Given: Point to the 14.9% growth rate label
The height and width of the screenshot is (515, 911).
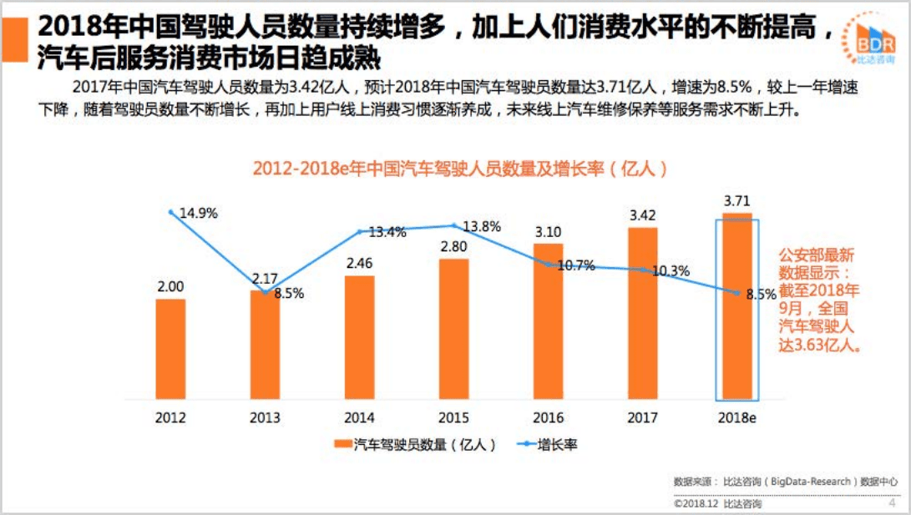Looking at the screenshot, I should point(198,213).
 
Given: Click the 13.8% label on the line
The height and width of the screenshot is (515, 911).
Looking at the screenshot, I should point(481,226).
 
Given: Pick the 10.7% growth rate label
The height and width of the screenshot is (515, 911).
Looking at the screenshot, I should point(575,266).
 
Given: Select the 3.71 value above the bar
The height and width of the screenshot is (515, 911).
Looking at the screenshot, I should point(737,201).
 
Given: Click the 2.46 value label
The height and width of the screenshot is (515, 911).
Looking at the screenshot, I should point(359,263).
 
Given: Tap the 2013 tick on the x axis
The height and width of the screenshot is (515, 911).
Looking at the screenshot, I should point(265,417).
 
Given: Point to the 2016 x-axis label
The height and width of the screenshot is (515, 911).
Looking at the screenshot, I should point(548,417).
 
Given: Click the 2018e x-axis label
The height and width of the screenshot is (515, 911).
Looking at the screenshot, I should point(737,417).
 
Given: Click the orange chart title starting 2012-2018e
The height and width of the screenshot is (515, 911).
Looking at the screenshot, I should point(461,168).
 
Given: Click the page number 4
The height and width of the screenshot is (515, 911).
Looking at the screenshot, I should point(892,502).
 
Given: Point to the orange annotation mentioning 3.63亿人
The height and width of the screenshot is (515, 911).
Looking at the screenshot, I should point(818,299).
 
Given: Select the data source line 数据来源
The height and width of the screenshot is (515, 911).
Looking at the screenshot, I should point(786,482).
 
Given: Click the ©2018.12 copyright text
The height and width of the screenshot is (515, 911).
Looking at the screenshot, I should point(717,503).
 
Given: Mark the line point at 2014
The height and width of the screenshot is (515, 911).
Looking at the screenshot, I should point(360,231).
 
